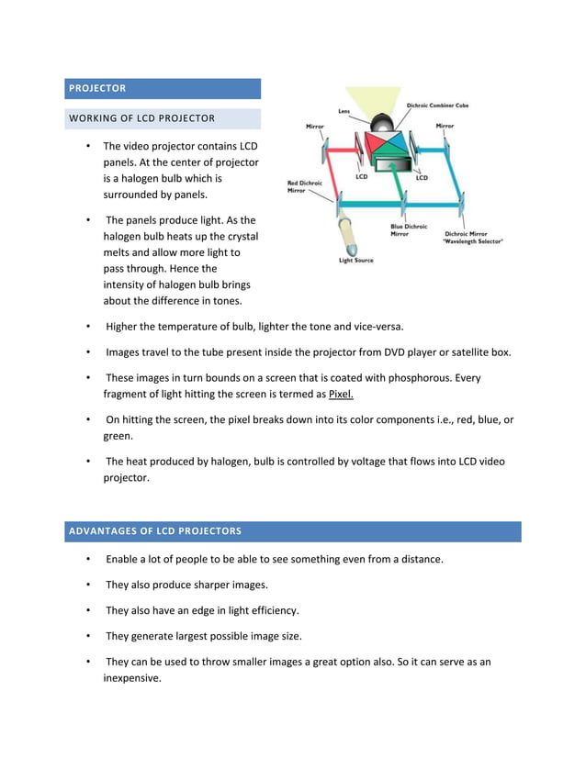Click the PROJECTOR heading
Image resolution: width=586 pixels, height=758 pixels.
tap(96, 88)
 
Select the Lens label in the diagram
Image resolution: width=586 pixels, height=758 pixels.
tap(344, 112)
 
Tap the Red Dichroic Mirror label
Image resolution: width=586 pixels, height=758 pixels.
tap(305, 187)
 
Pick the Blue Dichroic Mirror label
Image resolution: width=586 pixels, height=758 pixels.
tap(409, 229)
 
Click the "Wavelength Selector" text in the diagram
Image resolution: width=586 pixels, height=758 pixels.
tap(473, 241)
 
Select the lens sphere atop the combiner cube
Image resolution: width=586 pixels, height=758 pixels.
tap(386, 121)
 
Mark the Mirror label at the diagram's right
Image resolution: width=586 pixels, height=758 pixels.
tap(445, 126)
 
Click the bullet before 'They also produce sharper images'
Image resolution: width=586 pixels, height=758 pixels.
tap(87, 585)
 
